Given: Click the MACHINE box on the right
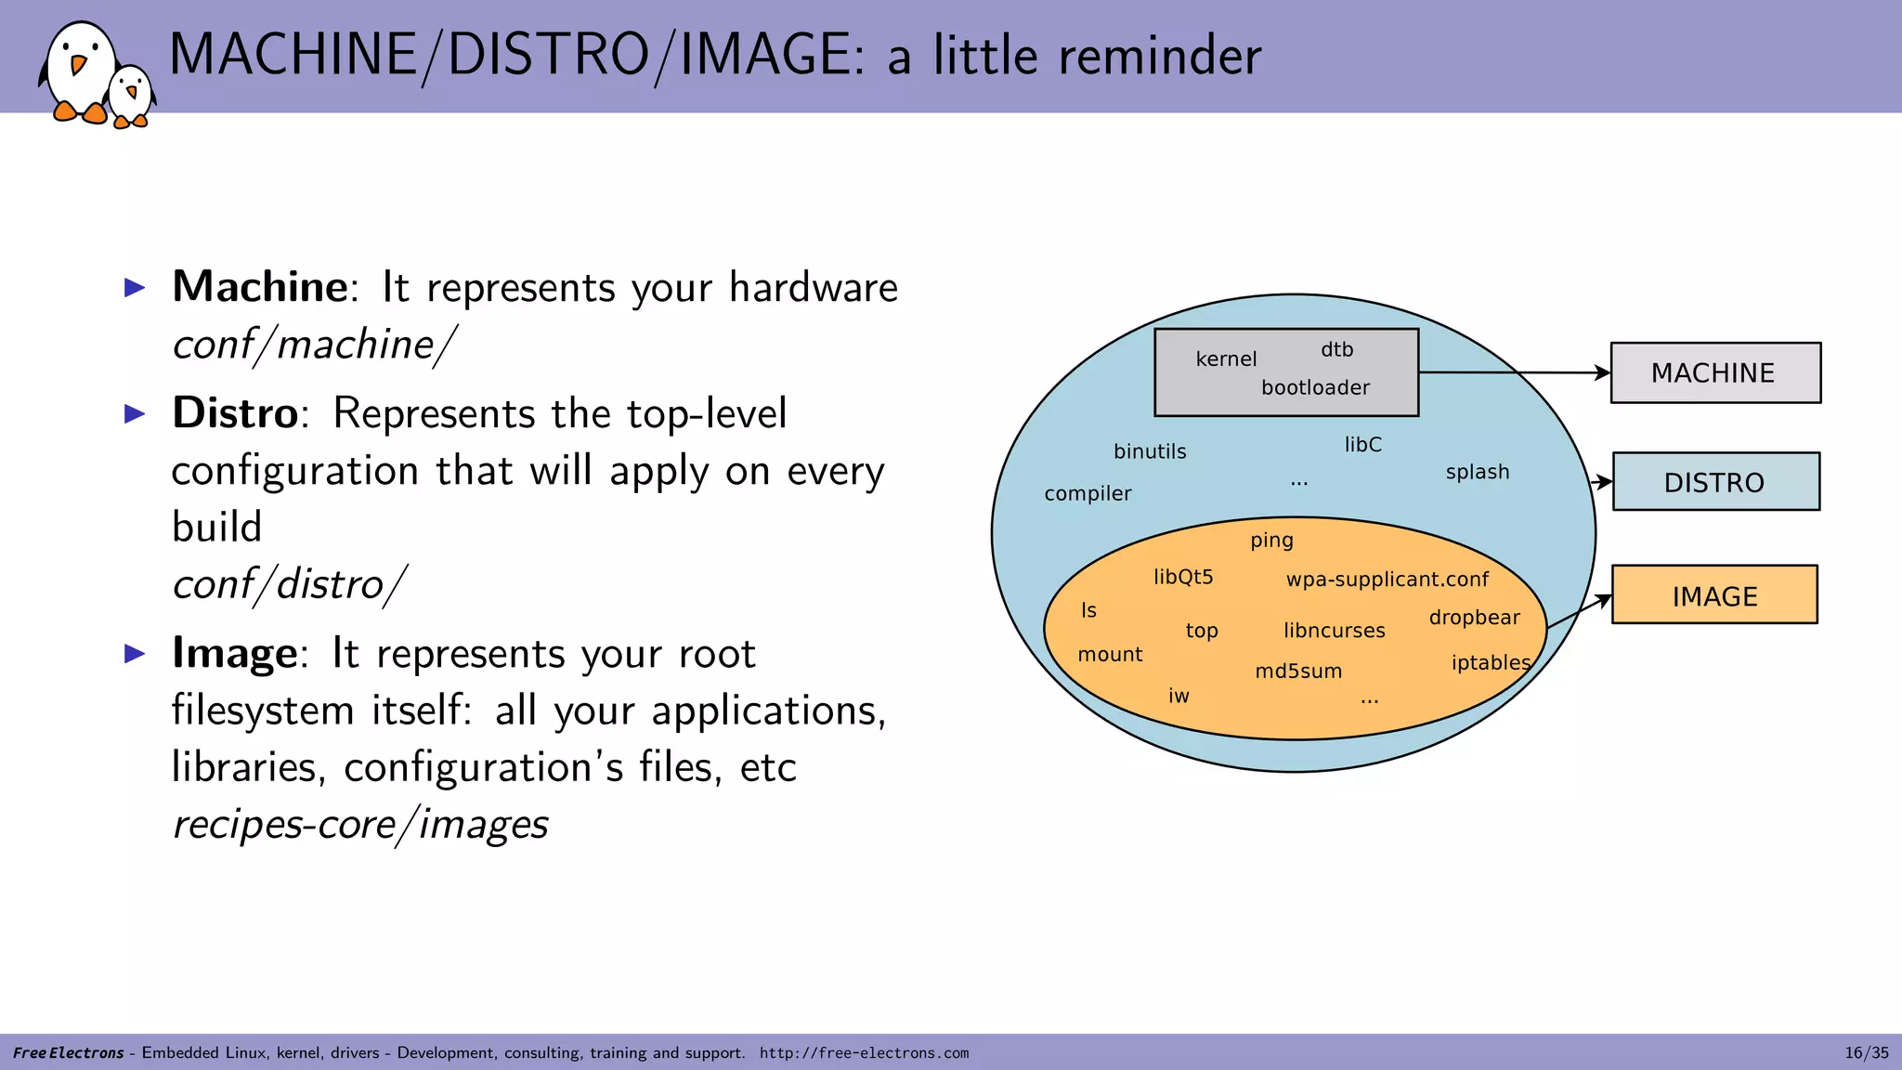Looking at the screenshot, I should point(1714,372).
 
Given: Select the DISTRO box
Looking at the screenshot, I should point(1715,482).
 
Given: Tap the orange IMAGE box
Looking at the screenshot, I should point(1714,595).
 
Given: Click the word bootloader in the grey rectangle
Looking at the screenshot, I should point(1315,387).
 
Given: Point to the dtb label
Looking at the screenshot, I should point(1336,350).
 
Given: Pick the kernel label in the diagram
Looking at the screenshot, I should point(1226,359).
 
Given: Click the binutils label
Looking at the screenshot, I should point(1150,451).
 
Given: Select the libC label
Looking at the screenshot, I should point(1362,445).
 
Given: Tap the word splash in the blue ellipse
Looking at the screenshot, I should point(1477,472).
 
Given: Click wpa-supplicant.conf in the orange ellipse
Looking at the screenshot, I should point(1387,580).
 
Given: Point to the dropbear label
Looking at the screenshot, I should point(1474,618).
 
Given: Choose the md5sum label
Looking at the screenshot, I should point(1298,672).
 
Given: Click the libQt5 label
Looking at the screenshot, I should point(1183,577).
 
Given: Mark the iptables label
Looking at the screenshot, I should point(1490,662).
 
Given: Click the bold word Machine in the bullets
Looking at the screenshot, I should point(260,286).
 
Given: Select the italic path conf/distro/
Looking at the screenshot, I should point(289,584).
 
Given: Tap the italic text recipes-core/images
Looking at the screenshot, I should point(360,824).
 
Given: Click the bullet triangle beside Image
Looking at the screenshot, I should point(136,654).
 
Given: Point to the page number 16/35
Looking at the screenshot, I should point(1866,1052).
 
